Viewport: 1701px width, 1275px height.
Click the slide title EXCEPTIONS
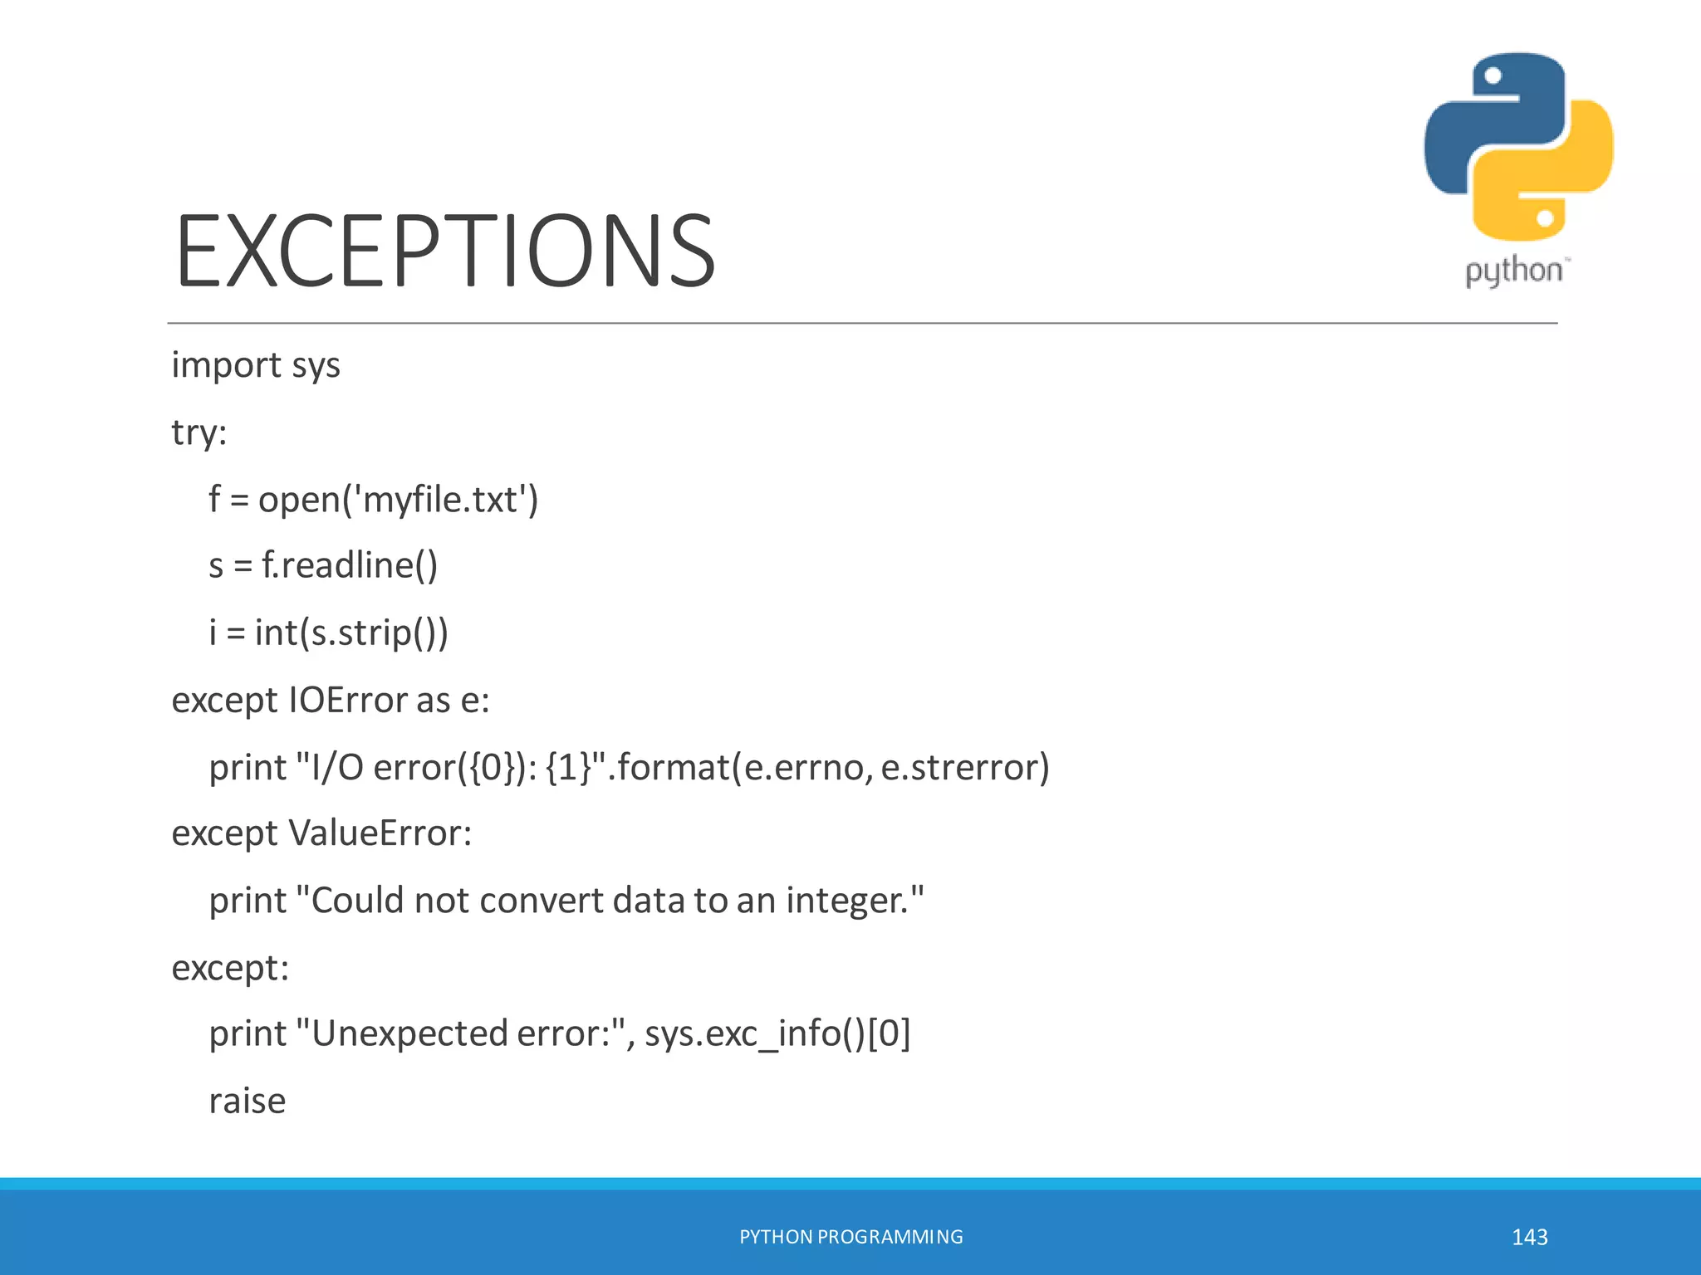(x=445, y=251)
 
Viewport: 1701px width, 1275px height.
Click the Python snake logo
(x=1518, y=147)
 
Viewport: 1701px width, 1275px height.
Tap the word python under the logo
(x=1513, y=271)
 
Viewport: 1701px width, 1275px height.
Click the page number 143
(x=1529, y=1237)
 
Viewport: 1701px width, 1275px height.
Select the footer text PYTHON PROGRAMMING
(x=850, y=1237)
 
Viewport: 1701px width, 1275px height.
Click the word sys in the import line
(x=316, y=366)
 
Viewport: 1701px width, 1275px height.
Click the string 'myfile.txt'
(x=441, y=500)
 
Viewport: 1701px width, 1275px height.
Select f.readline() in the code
(x=350, y=566)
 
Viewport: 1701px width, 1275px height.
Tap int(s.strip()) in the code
(x=351, y=633)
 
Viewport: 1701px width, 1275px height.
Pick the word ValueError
(x=380, y=833)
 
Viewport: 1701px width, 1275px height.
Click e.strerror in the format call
(x=964, y=767)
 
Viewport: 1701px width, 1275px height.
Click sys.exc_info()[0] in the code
(x=777, y=1034)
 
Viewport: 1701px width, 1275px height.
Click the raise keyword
(x=248, y=1102)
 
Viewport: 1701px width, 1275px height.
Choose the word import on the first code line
(x=226, y=366)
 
